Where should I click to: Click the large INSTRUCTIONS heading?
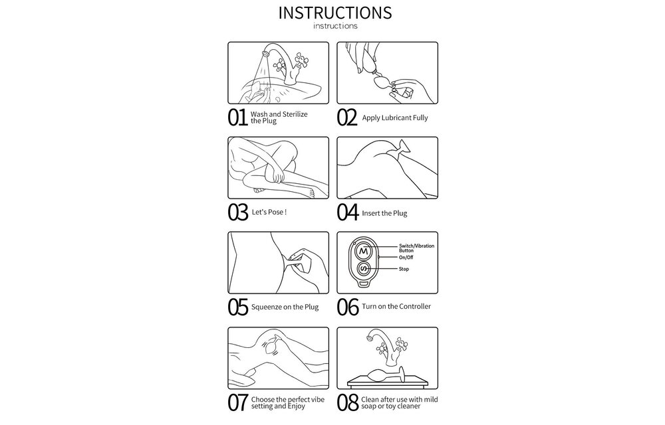click(335, 13)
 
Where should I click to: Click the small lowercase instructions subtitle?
click(335, 26)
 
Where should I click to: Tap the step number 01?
click(237, 118)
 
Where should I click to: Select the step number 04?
click(348, 212)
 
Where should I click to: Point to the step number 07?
click(237, 402)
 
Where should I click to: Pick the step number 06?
click(348, 307)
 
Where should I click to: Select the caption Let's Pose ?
click(269, 212)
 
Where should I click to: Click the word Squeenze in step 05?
click(267, 307)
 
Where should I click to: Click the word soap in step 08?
click(368, 406)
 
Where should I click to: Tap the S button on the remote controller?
click(364, 269)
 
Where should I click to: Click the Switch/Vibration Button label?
click(416, 248)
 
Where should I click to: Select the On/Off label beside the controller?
click(406, 258)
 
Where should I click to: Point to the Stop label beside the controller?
click(404, 269)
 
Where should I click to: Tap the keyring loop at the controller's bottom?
click(364, 282)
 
